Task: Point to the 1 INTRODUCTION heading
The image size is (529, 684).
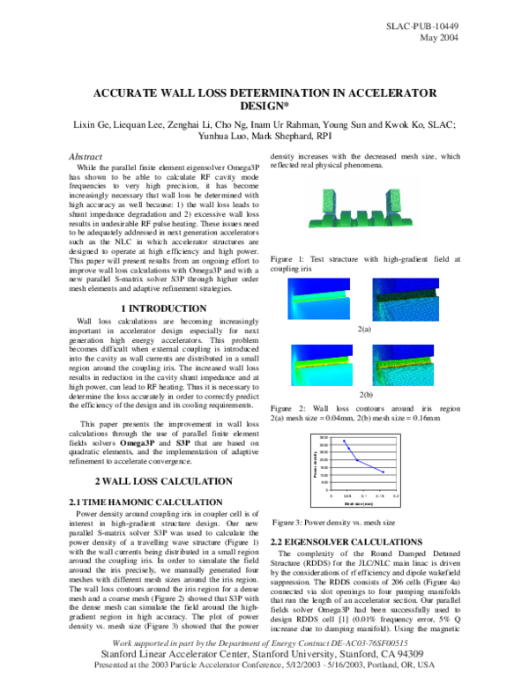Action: coord(163,308)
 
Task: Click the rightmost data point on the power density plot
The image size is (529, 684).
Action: coord(383,472)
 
